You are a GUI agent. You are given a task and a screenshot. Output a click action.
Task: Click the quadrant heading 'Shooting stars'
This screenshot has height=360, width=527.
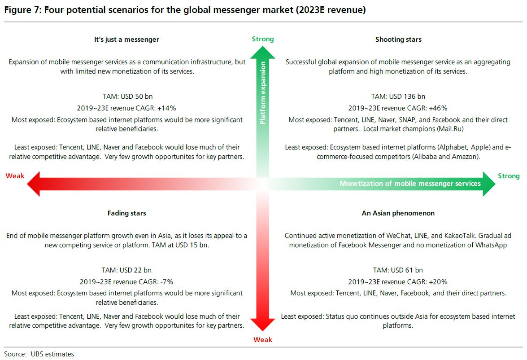pyautogui.click(x=398, y=40)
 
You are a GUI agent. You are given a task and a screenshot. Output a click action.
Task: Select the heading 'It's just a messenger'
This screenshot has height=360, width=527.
pyautogui.click(x=126, y=40)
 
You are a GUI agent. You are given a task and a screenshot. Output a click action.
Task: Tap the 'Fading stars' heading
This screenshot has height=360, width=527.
pyautogui.click(x=127, y=213)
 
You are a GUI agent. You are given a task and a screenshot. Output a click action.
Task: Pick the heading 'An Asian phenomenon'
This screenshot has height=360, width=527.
pyautogui.click(x=398, y=213)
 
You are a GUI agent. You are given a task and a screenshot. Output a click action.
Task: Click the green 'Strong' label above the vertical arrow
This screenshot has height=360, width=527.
pyautogui.click(x=263, y=39)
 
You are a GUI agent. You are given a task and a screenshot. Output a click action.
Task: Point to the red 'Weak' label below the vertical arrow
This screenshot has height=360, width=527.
pyautogui.click(x=263, y=340)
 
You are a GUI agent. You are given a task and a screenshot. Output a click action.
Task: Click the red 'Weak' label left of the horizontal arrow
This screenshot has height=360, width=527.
pyautogui.click(x=15, y=176)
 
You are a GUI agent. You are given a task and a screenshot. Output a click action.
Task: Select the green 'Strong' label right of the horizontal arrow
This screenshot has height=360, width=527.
pyautogui.click(x=509, y=176)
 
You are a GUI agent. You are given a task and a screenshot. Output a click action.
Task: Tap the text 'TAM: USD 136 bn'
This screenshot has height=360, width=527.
pyautogui.click(x=398, y=97)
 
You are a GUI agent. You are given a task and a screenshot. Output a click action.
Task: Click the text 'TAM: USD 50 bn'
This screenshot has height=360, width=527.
pyautogui.click(x=128, y=97)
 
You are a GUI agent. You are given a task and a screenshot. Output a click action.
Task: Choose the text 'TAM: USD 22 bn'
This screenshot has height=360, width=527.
pyautogui.click(x=127, y=270)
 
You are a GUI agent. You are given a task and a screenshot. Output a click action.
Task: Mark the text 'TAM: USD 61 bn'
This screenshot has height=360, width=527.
pyautogui.click(x=398, y=270)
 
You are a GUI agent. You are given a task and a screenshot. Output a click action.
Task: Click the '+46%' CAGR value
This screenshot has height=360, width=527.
pyautogui.click(x=438, y=108)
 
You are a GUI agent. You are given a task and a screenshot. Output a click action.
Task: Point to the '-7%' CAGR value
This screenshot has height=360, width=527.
pyautogui.click(x=167, y=282)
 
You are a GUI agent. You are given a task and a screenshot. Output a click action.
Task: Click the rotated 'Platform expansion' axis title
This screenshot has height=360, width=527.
pyautogui.click(x=263, y=93)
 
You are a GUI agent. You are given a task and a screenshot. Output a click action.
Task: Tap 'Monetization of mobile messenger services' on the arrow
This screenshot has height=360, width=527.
pyautogui.click(x=410, y=184)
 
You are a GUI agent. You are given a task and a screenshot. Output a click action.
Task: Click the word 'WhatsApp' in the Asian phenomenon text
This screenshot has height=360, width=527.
pyautogui.click(x=491, y=245)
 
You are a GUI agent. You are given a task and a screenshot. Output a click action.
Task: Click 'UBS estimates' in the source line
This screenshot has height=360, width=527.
pyautogui.click(x=52, y=354)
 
